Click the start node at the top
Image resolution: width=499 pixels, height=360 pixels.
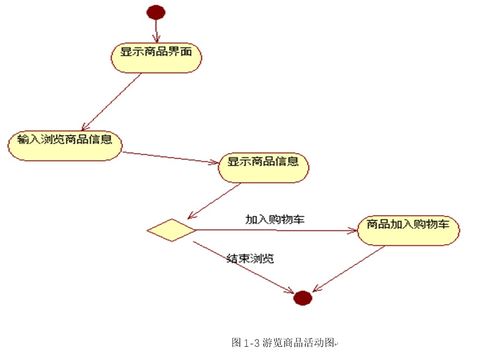[x=155, y=12]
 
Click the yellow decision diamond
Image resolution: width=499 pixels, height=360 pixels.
[x=170, y=230]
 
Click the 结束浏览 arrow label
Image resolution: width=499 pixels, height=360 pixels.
[x=250, y=258]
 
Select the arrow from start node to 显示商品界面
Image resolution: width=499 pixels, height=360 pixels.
[x=156, y=30]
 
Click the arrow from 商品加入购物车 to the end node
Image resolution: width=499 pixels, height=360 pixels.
[x=350, y=267]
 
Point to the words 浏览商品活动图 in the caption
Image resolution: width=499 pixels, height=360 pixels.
[x=300, y=341]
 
